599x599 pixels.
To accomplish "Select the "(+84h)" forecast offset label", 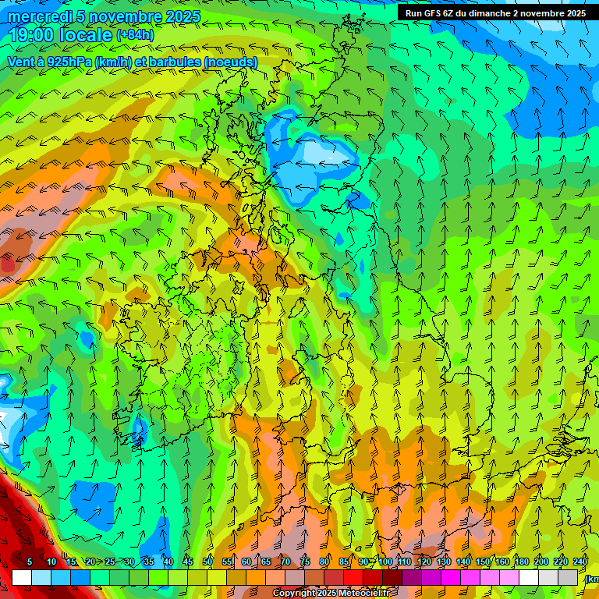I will point(135,35).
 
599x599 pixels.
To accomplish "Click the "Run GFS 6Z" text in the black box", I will point(433,13).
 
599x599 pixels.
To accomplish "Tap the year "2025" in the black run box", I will point(572,13).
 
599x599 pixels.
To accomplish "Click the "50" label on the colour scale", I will point(207,562).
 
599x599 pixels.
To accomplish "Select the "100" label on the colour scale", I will point(385,562).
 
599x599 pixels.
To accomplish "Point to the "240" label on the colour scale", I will point(580,562).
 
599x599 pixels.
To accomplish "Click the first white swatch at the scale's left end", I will point(22,577).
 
